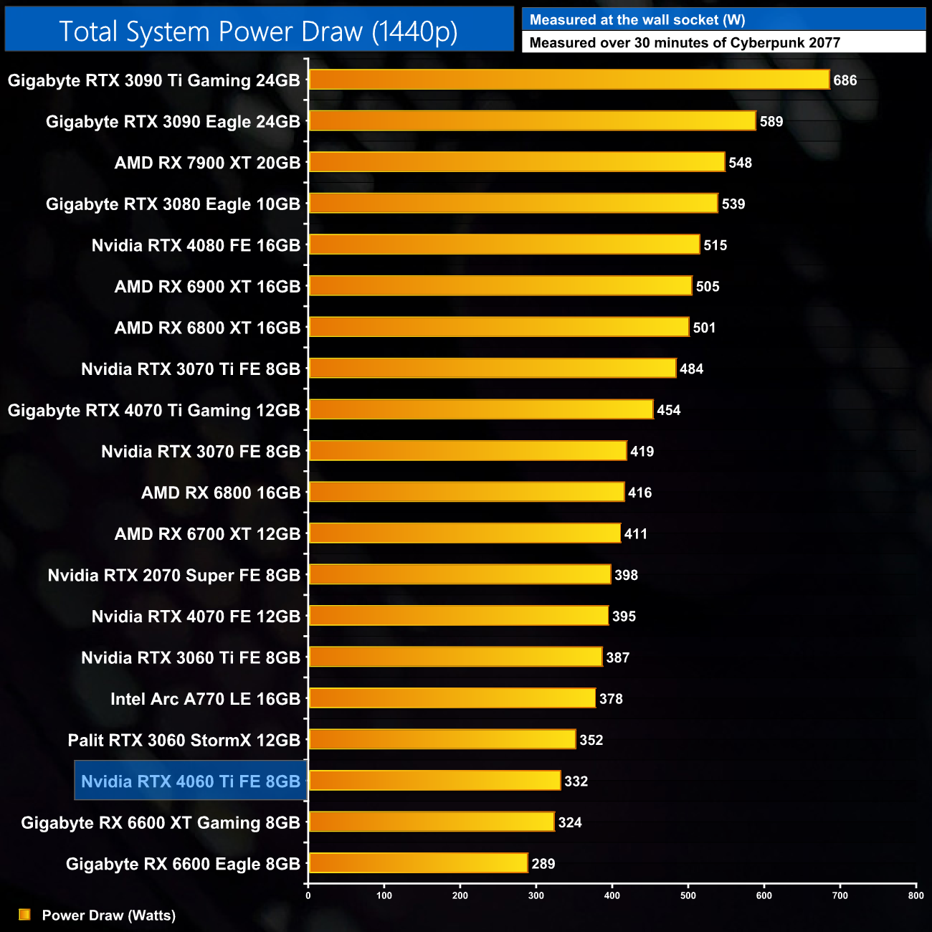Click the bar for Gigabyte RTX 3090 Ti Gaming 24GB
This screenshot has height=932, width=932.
pos(569,80)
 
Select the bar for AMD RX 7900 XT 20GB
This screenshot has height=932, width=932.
pos(516,162)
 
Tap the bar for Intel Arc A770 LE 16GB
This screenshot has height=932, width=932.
pos(452,698)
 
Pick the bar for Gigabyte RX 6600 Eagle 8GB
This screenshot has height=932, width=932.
pos(418,863)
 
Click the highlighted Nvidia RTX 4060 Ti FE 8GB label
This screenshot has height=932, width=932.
pos(191,781)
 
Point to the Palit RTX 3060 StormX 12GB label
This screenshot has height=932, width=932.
pos(184,740)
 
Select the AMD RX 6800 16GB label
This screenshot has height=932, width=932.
pos(221,493)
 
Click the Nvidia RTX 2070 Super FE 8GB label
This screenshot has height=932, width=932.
pos(173,575)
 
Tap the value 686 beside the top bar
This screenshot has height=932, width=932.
pos(845,80)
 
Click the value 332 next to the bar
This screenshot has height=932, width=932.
pos(576,781)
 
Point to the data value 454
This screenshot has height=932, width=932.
pos(669,410)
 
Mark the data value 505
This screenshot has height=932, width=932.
pos(708,287)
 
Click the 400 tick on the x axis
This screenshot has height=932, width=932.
pos(612,895)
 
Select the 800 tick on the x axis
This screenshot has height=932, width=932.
pos(916,895)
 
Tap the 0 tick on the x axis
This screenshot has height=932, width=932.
pos(308,895)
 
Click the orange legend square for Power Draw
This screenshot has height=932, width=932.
pos(24,915)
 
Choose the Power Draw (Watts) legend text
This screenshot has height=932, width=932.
pos(109,916)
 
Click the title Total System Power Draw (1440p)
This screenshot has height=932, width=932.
pos(258,32)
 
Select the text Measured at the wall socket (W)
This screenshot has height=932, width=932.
pos(637,20)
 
